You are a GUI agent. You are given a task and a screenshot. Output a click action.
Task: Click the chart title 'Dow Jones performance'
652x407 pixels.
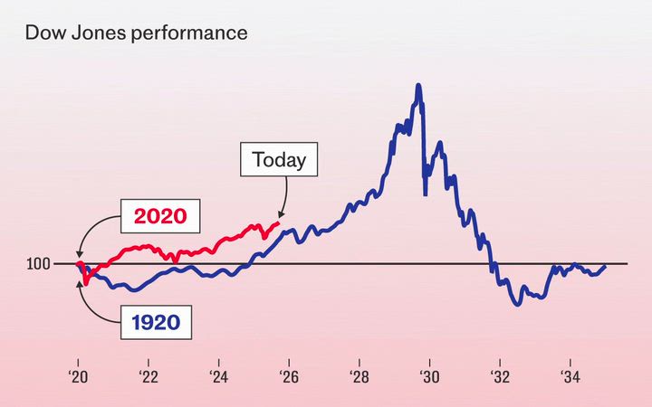136,33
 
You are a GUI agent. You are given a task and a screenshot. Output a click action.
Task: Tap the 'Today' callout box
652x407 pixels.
279,161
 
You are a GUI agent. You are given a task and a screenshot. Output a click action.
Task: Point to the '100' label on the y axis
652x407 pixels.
38,264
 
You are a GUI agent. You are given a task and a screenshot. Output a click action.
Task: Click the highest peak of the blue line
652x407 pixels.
418,85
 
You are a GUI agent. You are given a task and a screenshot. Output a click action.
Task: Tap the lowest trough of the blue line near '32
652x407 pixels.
517,305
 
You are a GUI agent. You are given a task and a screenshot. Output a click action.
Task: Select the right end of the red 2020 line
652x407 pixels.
280,222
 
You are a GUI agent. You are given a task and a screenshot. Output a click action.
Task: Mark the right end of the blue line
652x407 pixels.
605,266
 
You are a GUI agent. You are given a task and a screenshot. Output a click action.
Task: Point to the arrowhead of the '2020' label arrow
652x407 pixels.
79,259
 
